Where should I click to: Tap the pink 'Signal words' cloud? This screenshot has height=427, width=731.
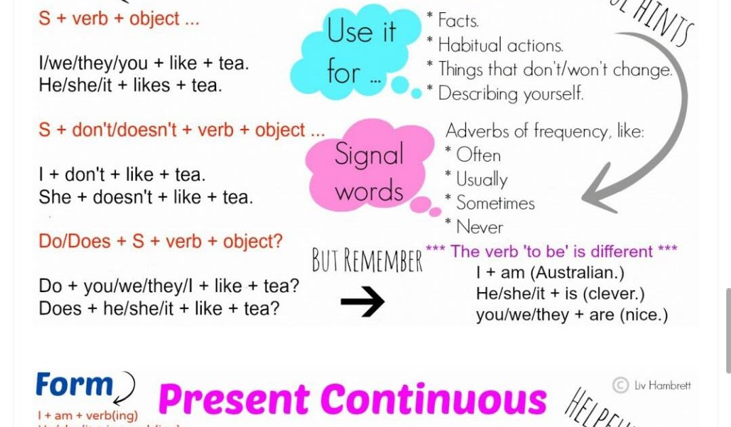pyautogui.click(x=369, y=169)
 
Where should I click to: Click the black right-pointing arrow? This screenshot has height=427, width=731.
pyautogui.click(x=362, y=302)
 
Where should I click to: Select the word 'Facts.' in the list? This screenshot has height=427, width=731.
pyautogui.click(x=459, y=21)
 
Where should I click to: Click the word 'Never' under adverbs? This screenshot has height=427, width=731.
pyautogui.click(x=479, y=227)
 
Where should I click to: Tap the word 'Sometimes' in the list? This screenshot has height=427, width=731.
pyautogui.click(x=495, y=203)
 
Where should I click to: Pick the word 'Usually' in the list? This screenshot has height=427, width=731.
pyautogui.click(x=482, y=180)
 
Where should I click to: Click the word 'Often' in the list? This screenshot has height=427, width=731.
pyautogui.click(x=478, y=155)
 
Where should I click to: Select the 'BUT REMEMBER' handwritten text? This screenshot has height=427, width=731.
pyautogui.click(x=367, y=260)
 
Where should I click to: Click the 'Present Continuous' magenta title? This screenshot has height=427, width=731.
pyautogui.click(x=352, y=399)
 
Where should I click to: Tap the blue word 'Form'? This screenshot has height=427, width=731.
pyautogui.click(x=74, y=385)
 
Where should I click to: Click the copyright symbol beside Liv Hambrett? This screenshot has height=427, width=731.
pyautogui.click(x=620, y=385)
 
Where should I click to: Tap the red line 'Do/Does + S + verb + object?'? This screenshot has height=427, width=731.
pyautogui.click(x=161, y=241)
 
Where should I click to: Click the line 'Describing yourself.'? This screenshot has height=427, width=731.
pyautogui.click(x=510, y=94)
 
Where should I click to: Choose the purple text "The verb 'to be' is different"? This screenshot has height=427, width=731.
pyautogui.click(x=551, y=251)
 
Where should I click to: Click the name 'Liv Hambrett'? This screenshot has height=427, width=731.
pyautogui.click(x=663, y=385)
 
